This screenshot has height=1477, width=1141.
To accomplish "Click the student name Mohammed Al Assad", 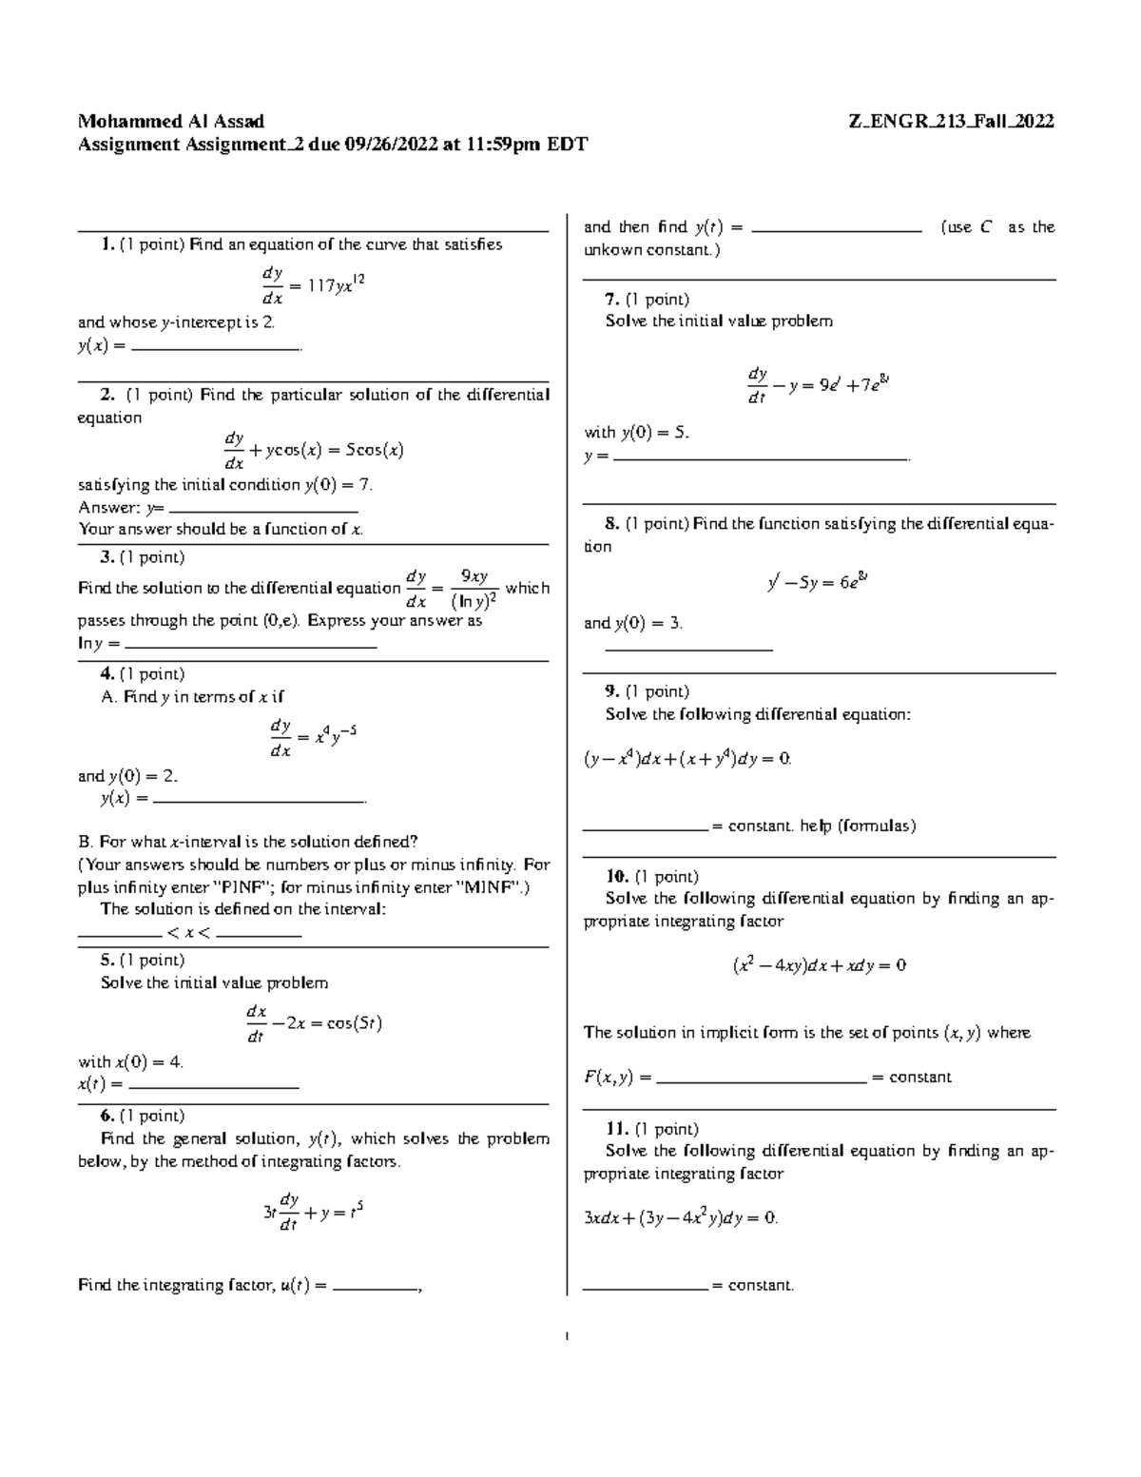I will pos(171,122).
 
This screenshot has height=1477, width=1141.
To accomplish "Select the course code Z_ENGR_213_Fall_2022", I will pos(951,122).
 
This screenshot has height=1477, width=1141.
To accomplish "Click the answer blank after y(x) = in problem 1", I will pos(215,348).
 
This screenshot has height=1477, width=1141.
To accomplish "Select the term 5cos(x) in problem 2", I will pos(375,451).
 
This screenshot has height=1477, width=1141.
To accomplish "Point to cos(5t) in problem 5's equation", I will pos(354,1024).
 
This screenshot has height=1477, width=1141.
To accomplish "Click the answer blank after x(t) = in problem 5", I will pos(213,1085).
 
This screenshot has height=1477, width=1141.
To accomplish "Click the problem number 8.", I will pos(611,524).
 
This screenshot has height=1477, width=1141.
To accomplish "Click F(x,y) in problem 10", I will pos(608,1078).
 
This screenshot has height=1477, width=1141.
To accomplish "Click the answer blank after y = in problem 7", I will pos(761,457).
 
